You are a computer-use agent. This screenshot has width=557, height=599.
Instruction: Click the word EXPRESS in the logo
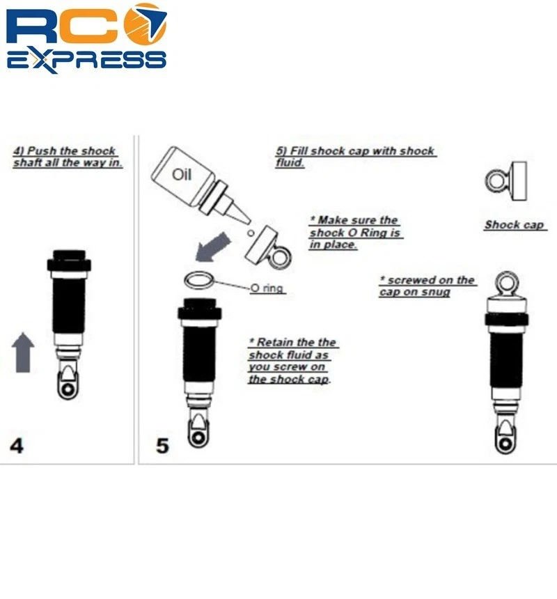[x=86, y=58]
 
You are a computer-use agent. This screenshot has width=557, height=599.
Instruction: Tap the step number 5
[x=162, y=445]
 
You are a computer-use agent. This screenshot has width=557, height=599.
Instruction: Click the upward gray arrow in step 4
[x=23, y=352]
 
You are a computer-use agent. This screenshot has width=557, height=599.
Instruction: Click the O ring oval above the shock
[x=198, y=281]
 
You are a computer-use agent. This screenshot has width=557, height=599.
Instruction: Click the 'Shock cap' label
[x=515, y=224]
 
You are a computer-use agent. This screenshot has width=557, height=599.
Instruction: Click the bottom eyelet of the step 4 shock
[x=68, y=391]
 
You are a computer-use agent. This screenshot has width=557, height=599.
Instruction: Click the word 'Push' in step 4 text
[x=42, y=151]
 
